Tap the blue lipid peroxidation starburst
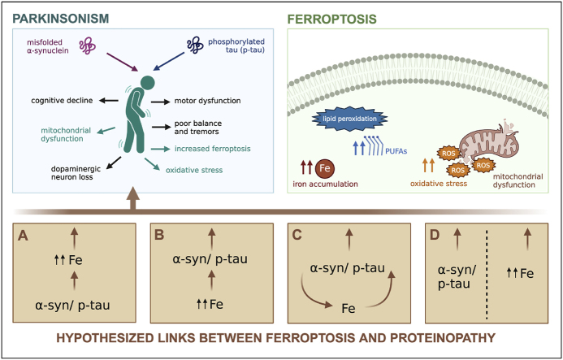[341, 119]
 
